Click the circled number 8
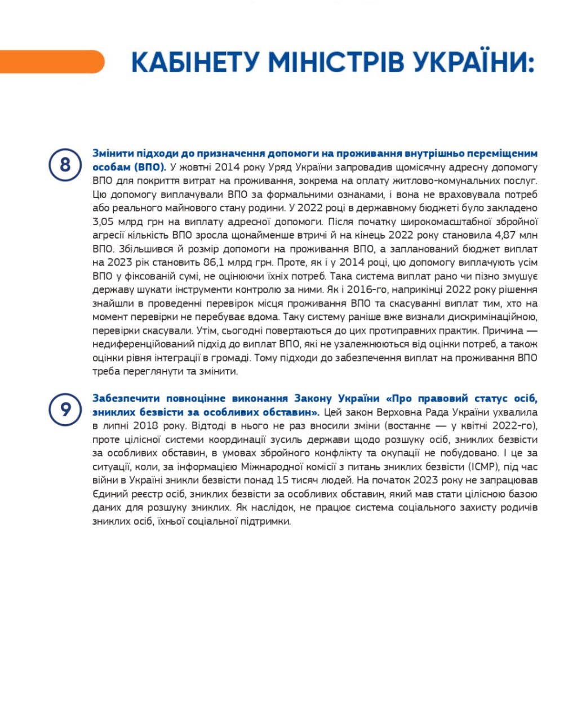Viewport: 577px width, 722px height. tap(65, 165)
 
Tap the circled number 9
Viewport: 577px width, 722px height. tap(65, 408)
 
